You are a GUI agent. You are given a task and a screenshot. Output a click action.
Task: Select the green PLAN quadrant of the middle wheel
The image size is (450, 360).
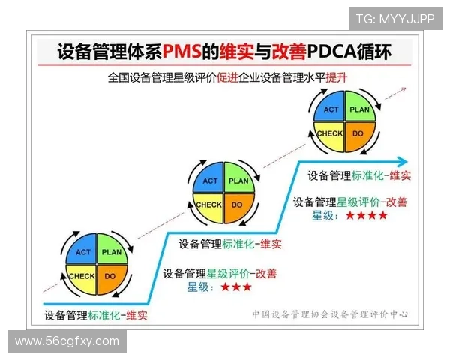(x=238, y=181)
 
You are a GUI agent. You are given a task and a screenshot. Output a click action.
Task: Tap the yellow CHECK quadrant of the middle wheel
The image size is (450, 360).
(x=209, y=205)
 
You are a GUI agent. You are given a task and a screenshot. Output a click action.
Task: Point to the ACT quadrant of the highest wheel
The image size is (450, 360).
(x=331, y=109)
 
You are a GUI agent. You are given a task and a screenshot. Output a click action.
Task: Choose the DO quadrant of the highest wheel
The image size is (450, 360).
(x=358, y=133)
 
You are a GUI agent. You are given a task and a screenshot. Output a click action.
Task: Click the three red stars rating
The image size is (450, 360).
(x=236, y=286)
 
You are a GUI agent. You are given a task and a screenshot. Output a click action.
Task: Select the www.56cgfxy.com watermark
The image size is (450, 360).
(x=67, y=341)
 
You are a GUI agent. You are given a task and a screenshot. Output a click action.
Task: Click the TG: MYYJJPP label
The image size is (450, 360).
(x=395, y=18)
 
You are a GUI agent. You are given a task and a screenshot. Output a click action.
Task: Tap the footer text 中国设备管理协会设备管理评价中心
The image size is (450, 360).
(x=330, y=314)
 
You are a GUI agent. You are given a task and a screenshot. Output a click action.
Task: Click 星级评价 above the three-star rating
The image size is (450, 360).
(x=228, y=274)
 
